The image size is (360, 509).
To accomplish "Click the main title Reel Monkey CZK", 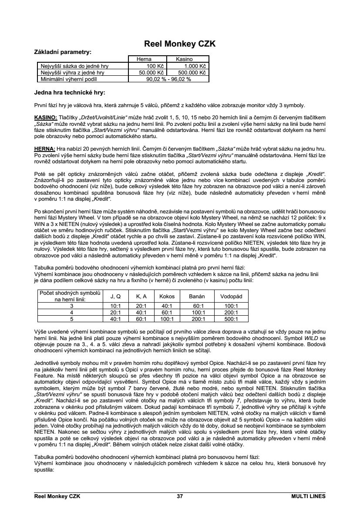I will [180, 44].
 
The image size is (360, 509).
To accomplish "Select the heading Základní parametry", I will [63, 52].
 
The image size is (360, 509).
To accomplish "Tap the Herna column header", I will [144, 59].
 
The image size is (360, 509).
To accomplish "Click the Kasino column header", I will [184, 59].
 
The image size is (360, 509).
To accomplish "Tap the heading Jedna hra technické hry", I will [69, 92].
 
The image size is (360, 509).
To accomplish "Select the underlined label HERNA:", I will [44, 148].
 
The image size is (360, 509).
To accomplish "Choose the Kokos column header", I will [167, 296].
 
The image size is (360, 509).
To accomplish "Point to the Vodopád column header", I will [231, 296].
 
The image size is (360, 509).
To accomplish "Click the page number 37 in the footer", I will [180, 496].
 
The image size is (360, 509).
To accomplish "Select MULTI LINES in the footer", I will [308, 496].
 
